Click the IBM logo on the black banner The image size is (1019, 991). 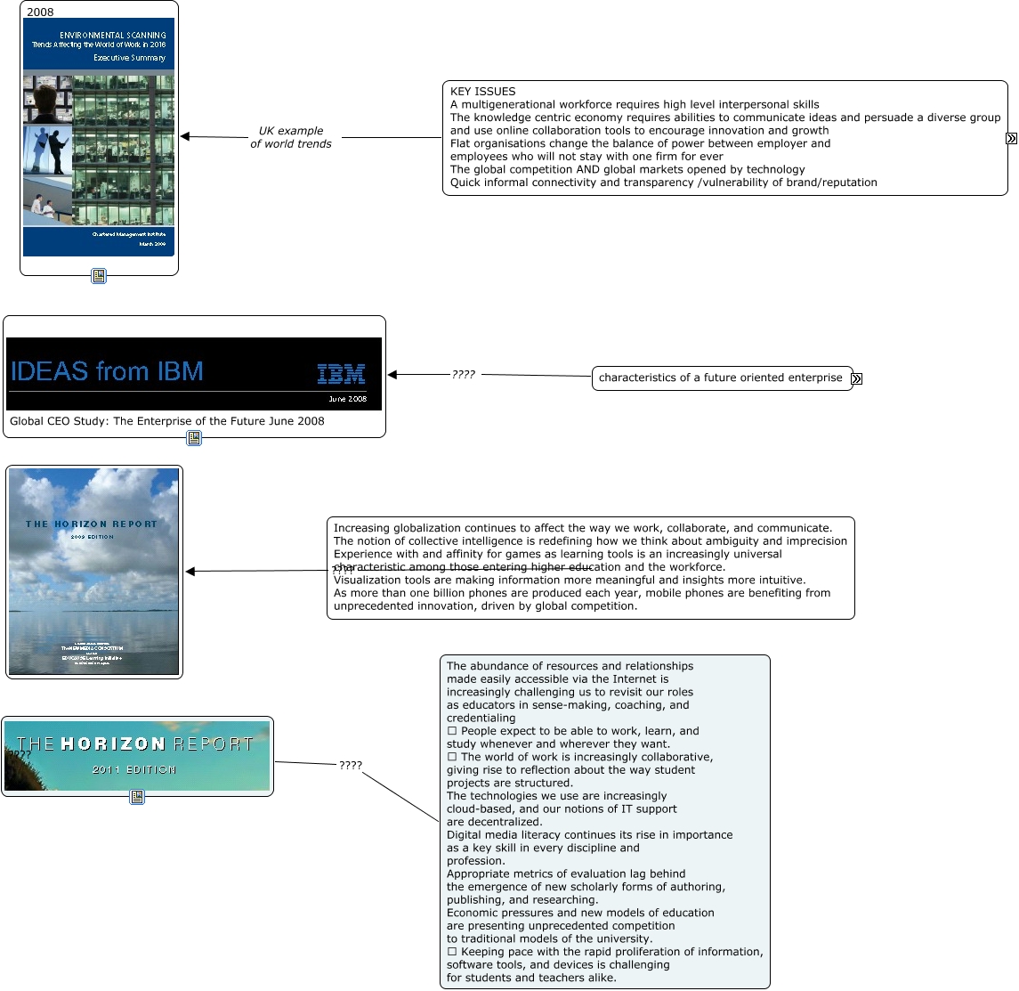tap(341, 374)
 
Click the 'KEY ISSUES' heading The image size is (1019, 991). tap(482, 92)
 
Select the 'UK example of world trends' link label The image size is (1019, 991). tap(291, 137)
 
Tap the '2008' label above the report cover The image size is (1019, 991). tap(40, 12)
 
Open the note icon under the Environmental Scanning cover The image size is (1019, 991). tap(99, 276)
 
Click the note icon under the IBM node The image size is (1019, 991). tap(194, 438)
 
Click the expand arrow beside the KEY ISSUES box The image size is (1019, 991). tap(1011, 139)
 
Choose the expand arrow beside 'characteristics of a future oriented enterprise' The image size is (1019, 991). tap(856, 379)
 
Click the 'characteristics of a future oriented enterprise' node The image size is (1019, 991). tap(721, 378)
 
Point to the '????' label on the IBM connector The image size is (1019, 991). tap(463, 375)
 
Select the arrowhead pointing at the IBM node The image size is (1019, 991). tap(393, 375)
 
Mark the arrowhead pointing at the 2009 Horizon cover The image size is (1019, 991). tap(190, 572)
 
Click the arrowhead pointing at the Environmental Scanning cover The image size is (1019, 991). tap(185, 136)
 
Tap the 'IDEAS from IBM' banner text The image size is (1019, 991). tap(107, 371)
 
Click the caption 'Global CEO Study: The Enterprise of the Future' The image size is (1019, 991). tap(166, 421)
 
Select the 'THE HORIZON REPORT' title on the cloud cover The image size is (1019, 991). tap(92, 524)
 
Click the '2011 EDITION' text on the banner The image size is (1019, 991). tap(134, 769)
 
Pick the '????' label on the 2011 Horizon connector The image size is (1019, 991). tap(351, 765)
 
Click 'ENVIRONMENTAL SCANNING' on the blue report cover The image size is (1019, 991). tap(113, 36)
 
